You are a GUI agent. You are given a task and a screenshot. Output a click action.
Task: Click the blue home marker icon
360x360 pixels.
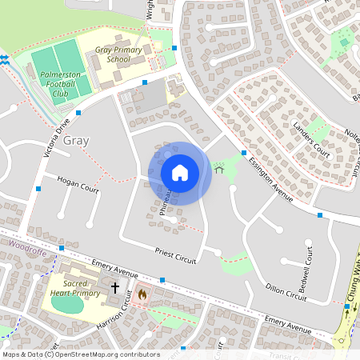pos(180,172)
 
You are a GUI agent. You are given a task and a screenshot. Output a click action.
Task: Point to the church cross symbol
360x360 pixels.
pos(114,287)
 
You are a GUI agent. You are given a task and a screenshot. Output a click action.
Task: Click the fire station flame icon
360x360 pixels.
pos(142,294)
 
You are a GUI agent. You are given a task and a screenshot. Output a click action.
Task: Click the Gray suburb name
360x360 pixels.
pos(76,141)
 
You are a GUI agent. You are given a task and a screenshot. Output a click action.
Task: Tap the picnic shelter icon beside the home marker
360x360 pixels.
pos(218,170)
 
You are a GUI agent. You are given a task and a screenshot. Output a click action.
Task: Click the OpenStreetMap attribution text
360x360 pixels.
pos(81,354)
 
